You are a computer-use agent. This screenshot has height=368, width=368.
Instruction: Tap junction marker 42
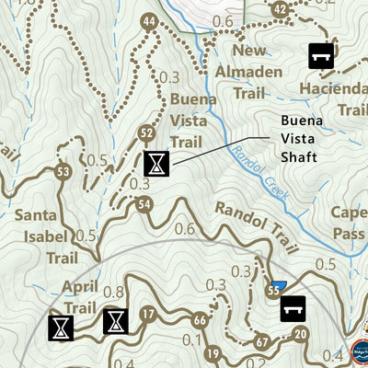coord(281,10)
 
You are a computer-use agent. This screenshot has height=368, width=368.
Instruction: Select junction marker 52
coord(146,134)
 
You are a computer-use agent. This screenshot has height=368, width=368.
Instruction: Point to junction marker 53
coord(63,171)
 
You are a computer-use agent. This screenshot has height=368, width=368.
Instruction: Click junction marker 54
coord(143,204)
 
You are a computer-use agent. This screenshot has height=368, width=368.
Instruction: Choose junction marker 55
coord(273,292)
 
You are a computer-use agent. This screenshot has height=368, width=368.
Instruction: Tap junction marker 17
coord(147,316)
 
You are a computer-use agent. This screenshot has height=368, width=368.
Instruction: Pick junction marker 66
coord(201,319)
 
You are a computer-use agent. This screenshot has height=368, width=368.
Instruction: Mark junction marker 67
coord(261,342)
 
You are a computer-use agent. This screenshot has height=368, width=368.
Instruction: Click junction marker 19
coord(213,353)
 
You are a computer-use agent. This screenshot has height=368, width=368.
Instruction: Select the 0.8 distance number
coord(114,293)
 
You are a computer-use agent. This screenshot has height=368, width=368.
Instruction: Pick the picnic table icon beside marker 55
coord(293,307)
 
